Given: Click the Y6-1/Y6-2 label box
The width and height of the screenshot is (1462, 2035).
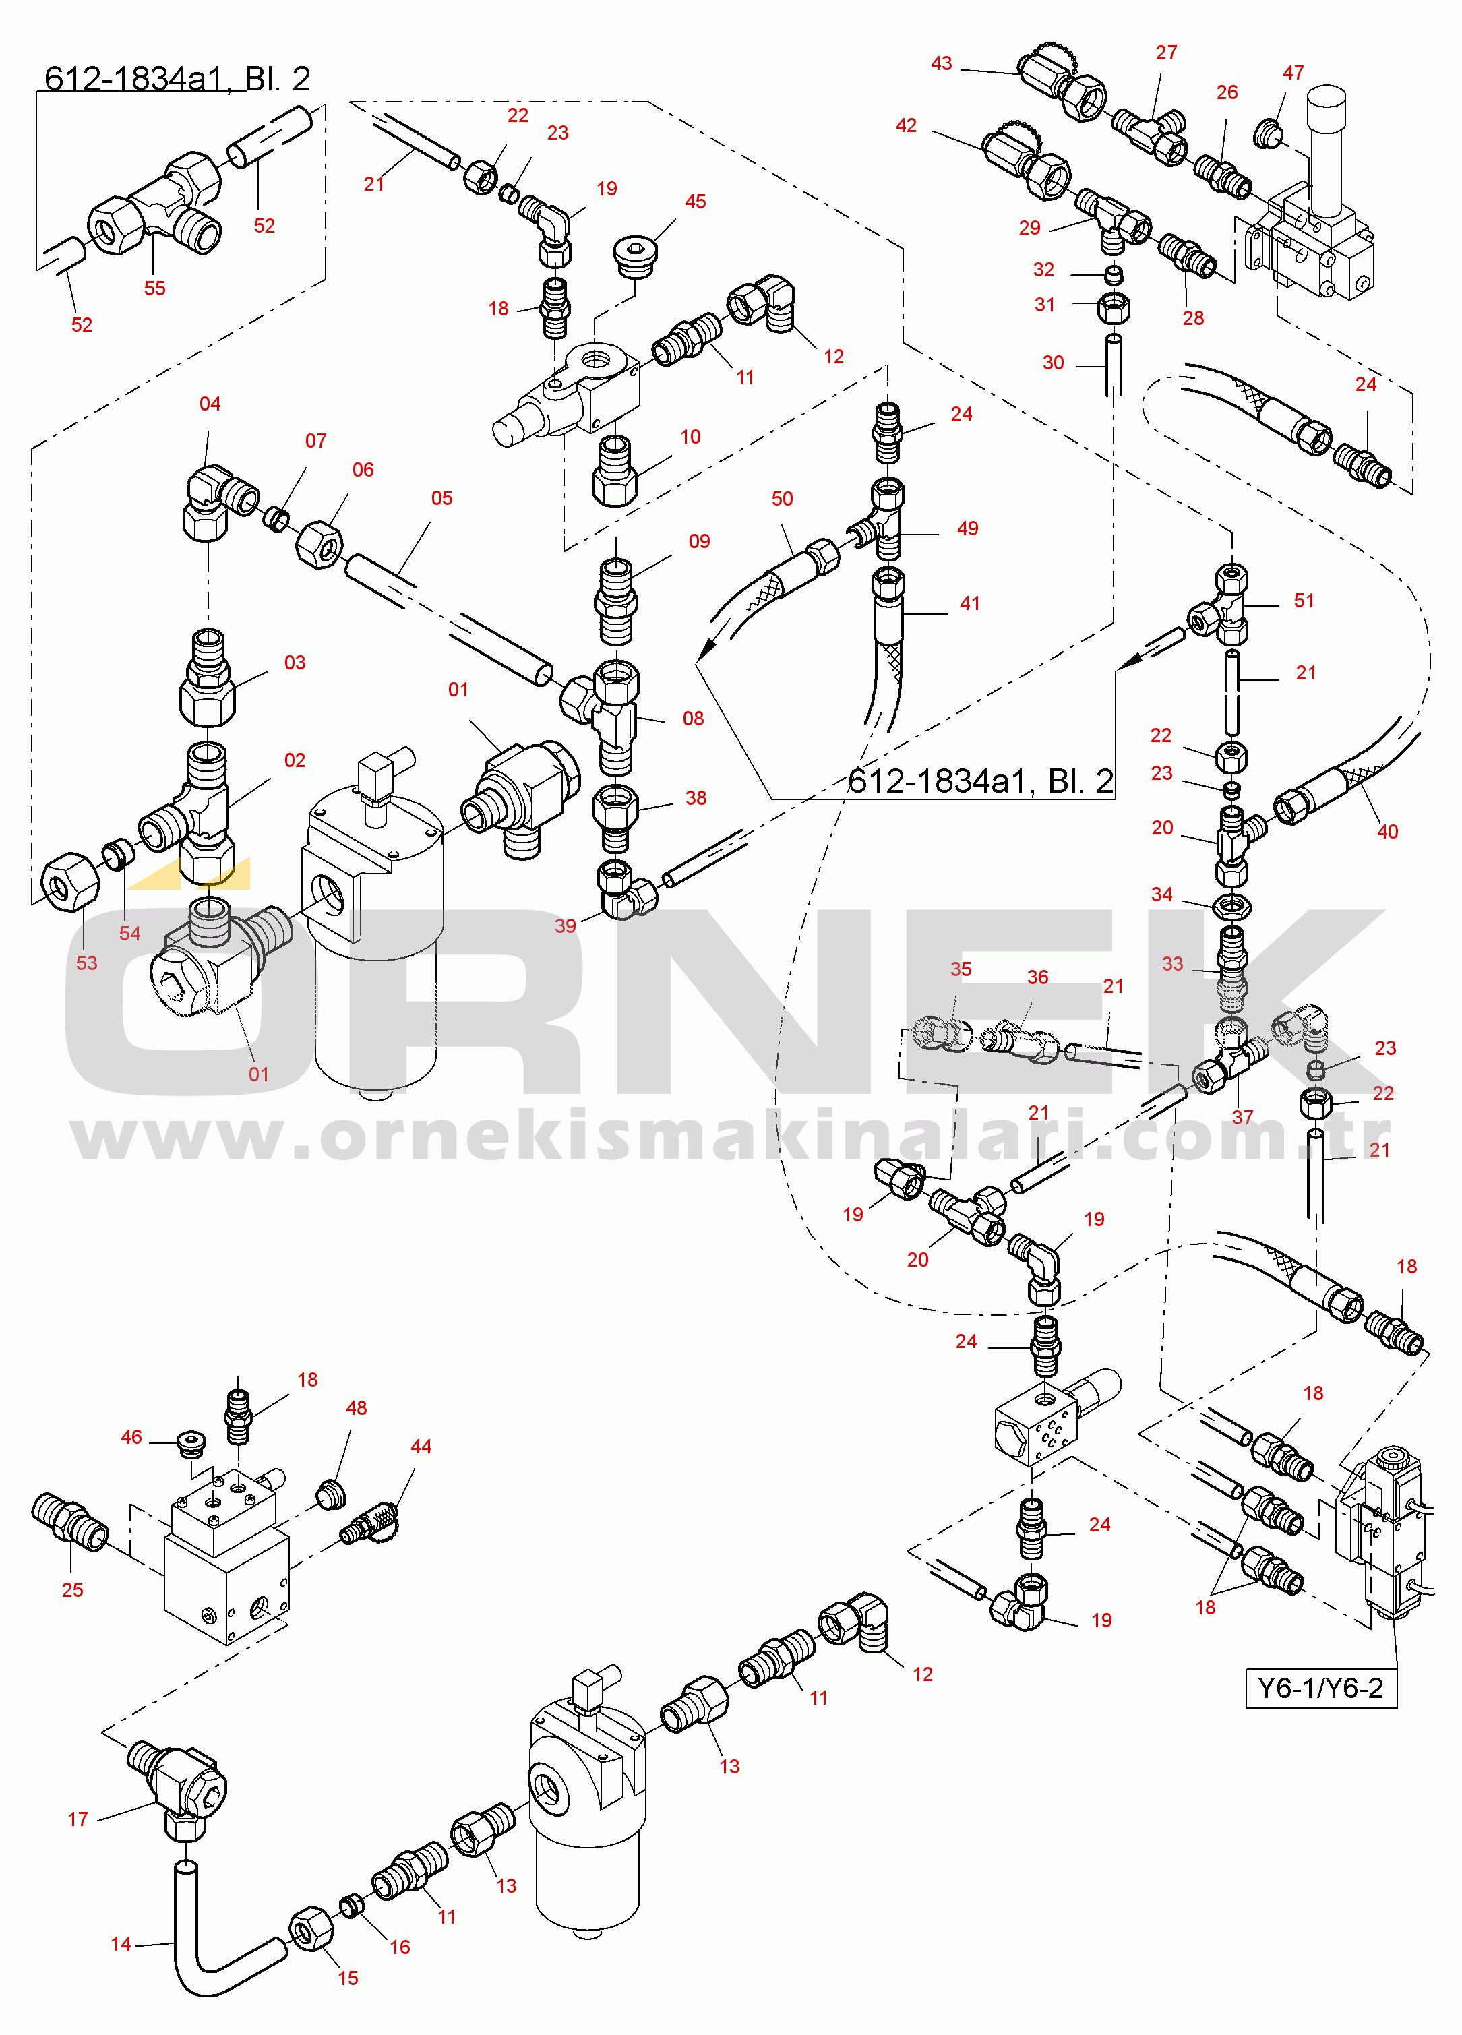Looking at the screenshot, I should pos(1320,1688).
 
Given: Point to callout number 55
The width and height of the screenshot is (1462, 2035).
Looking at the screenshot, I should pos(154,288).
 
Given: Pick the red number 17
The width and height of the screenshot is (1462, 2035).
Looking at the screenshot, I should pos(78,1819).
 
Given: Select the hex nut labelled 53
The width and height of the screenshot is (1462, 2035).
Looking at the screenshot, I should pos(70,880).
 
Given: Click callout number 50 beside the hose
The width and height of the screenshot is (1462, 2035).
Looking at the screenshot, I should pos(782,499).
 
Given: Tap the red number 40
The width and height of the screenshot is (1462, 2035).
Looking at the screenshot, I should pos(1387,832).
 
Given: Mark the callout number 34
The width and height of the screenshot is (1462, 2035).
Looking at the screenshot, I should pos(1161,894).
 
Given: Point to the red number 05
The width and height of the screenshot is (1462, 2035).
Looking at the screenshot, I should pos(441,498).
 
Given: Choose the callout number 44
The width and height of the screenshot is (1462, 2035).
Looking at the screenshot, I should pos(421,1447).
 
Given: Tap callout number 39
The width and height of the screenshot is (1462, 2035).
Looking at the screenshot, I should pos(565,926).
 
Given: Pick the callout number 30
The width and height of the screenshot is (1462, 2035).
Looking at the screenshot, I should pos(1053,363).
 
